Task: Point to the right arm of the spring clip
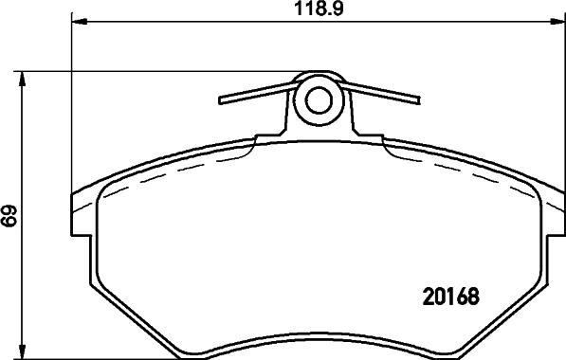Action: click(x=383, y=92)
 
